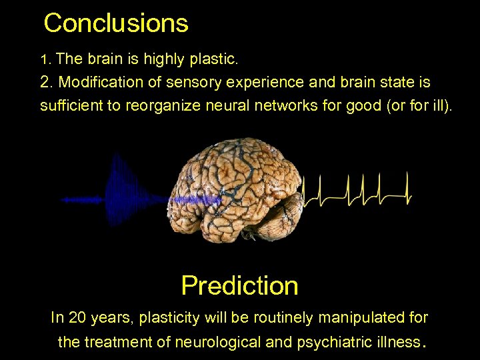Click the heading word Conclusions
(x=116, y=23)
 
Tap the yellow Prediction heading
(x=239, y=286)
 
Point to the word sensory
(x=201, y=83)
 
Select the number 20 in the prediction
(x=77, y=318)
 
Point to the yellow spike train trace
(x=357, y=191)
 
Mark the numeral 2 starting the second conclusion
(x=45, y=83)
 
